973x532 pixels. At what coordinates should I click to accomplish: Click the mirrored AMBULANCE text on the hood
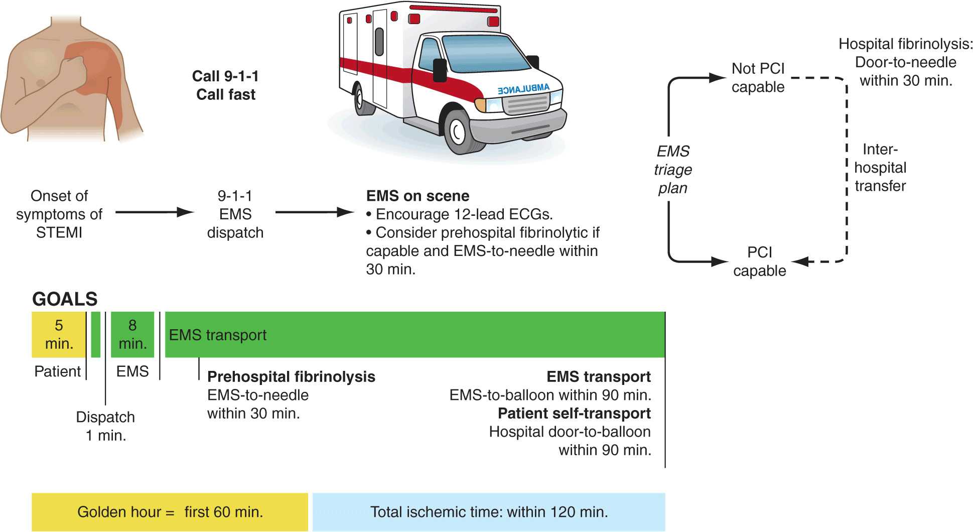click(523, 89)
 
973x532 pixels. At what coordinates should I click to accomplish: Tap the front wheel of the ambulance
click(458, 132)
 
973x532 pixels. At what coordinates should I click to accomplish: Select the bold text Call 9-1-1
click(225, 76)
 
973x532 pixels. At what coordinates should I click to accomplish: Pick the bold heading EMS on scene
click(418, 196)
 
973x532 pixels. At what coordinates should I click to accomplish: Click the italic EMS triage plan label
click(673, 170)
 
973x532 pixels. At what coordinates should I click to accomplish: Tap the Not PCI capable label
click(758, 78)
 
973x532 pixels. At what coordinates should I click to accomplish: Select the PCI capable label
click(759, 261)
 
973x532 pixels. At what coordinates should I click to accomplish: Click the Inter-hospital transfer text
click(880, 168)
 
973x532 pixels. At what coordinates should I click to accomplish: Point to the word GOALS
click(65, 299)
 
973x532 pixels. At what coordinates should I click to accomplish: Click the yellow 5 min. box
click(59, 334)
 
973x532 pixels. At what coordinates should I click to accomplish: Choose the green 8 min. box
click(132, 334)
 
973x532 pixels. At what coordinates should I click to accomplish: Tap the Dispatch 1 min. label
click(105, 426)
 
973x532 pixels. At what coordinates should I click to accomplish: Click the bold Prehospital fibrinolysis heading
click(291, 377)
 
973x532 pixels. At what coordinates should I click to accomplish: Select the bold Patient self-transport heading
click(574, 414)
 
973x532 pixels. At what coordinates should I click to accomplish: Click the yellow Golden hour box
click(170, 512)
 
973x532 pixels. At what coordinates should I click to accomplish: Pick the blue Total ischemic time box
click(489, 512)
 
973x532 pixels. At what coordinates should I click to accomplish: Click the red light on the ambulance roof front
click(493, 21)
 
